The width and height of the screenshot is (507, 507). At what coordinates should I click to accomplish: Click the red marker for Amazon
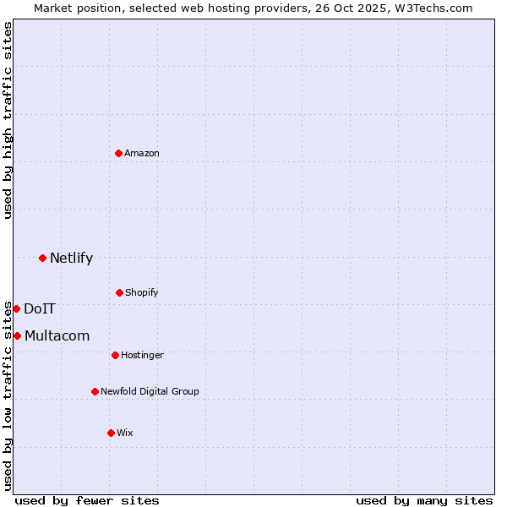(118, 153)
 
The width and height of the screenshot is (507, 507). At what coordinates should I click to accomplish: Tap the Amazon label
(142, 153)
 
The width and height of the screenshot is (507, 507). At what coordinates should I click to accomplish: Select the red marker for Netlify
(42, 258)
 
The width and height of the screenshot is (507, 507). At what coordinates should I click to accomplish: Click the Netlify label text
(71, 259)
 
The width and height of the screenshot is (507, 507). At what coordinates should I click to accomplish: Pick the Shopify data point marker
(119, 292)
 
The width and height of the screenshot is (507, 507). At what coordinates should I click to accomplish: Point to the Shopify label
(142, 292)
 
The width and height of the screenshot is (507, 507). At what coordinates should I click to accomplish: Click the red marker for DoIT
(16, 308)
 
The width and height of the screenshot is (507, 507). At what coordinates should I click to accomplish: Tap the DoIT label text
(39, 309)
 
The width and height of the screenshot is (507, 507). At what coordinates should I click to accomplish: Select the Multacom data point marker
(17, 335)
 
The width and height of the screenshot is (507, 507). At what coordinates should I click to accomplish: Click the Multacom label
(57, 336)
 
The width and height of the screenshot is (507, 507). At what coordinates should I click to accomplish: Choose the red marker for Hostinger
(115, 355)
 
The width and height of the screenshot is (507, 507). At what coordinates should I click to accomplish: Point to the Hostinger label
(142, 355)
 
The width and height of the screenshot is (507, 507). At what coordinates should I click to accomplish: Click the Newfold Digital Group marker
(95, 391)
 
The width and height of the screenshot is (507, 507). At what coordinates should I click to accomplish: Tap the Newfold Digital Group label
(150, 391)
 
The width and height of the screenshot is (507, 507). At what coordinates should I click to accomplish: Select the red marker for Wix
(111, 433)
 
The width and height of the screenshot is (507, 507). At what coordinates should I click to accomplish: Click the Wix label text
(125, 433)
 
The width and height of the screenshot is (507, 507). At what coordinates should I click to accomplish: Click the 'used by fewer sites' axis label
(87, 500)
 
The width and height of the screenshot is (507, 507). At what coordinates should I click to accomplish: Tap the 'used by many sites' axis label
(424, 500)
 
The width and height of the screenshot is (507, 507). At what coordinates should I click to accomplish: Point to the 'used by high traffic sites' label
(8, 120)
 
